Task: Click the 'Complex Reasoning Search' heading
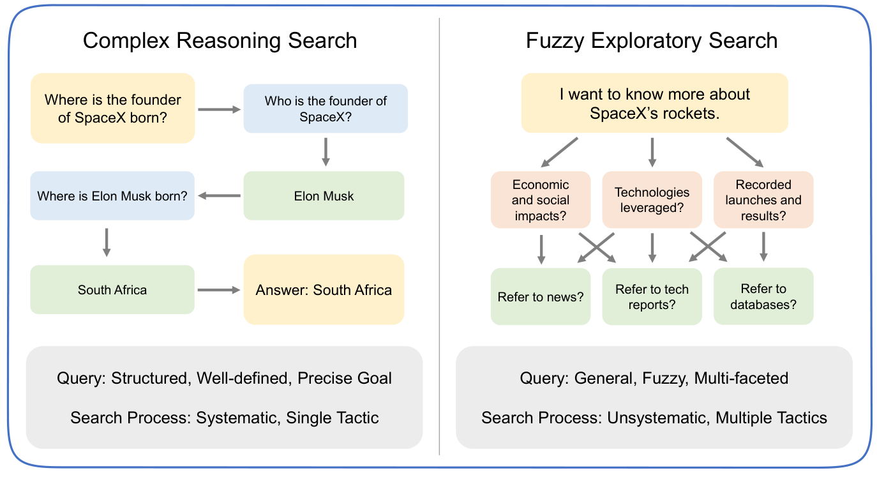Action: click(x=220, y=41)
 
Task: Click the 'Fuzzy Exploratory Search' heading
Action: click(x=651, y=41)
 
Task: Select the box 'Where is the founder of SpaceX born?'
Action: click(x=112, y=109)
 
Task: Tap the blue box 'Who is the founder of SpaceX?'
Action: click(x=326, y=109)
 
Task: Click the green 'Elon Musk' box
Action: click(x=324, y=196)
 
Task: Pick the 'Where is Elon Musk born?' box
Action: click(x=112, y=196)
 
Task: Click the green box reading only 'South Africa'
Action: click(x=112, y=290)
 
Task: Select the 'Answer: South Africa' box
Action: click(x=324, y=290)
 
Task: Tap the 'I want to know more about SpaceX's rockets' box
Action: click(x=654, y=103)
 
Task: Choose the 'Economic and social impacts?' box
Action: click(x=541, y=200)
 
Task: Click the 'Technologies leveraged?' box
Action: click(x=652, y=200)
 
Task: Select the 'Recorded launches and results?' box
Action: click(x=763, y=200)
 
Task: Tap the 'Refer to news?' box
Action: click(x=541, y=297)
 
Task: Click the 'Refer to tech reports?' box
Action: click(x=652, y=297)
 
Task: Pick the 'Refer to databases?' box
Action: click(x=763, y=297)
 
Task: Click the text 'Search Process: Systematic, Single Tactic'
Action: click(x=224, y=418)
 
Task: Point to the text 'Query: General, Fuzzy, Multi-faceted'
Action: click(x=654, y=378)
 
